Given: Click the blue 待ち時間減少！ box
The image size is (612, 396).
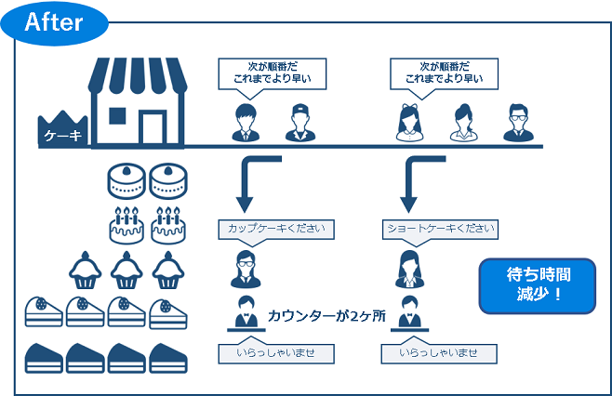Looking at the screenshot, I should pos(537,285).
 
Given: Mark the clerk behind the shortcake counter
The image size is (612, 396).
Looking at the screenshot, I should pos(408,312).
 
